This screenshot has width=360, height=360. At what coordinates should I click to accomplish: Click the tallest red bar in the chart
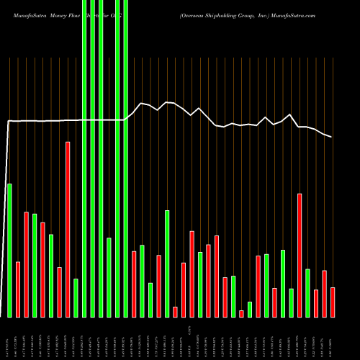click(68, 229)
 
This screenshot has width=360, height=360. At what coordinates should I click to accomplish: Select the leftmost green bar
click(9, 250)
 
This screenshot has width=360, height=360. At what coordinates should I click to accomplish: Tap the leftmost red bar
click(18, 289)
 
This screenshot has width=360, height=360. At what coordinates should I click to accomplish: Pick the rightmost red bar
click(333, 302)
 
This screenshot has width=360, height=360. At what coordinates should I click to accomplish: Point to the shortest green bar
click(250, 309)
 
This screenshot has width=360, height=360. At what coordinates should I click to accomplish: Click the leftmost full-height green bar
click(84, 158)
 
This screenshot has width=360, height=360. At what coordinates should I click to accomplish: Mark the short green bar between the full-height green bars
click(109, 277)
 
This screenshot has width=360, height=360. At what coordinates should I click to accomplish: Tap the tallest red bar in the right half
click(300, 255)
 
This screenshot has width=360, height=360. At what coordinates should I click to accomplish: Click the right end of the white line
click(332, 137)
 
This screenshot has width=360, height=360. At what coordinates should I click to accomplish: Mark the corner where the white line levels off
click(9, 121)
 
